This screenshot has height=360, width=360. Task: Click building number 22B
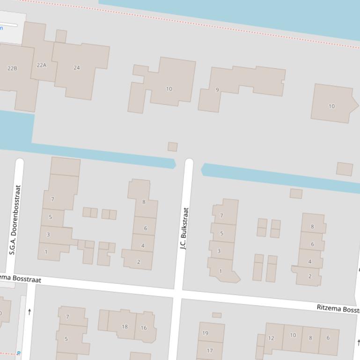click(12, 68)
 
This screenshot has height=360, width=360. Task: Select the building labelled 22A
click(42, 65)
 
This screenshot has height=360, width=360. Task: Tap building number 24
click(77, 67)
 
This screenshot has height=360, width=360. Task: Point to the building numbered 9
click(217, 90)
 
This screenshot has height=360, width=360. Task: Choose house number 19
click(205, 333)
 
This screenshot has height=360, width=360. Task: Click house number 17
click(210, 350)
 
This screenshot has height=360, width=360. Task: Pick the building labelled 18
click(125, 327)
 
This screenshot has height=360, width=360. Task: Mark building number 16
click(144, 328)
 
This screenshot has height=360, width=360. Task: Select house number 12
click(271, 338)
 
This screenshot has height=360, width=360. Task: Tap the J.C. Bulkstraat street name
click(184, 228)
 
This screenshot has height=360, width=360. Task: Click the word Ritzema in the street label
click(330, 308)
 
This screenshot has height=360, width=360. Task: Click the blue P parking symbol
click(19, 353)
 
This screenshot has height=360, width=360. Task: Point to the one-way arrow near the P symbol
click(29, 312)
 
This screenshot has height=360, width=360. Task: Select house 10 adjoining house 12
click(293, 335)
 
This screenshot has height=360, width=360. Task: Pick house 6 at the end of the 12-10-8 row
click(328, 338)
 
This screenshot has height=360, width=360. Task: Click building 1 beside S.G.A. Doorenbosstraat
click(46, 252)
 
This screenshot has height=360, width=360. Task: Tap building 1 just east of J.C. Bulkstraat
click(220, 271)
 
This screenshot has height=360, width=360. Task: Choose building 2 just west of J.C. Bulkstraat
click(139, 262)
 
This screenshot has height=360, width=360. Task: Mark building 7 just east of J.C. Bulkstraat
click(221, 216)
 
